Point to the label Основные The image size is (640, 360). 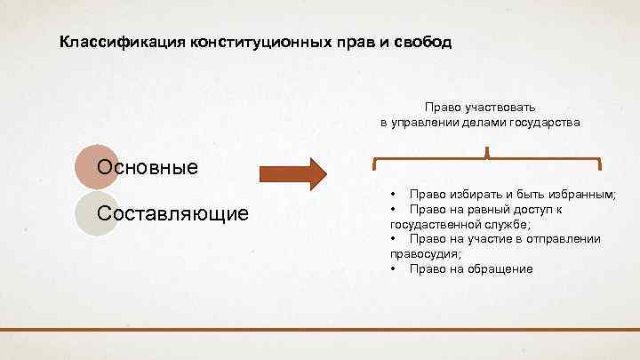pyautogui.click(x=148, y=167)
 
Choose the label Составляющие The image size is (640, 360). pyautogui.click(x=173, y=213)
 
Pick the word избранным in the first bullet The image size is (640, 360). pyautogui.click(x=588, y=194)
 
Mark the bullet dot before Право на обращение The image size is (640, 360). pyautogui.click(x=392, y=268)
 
